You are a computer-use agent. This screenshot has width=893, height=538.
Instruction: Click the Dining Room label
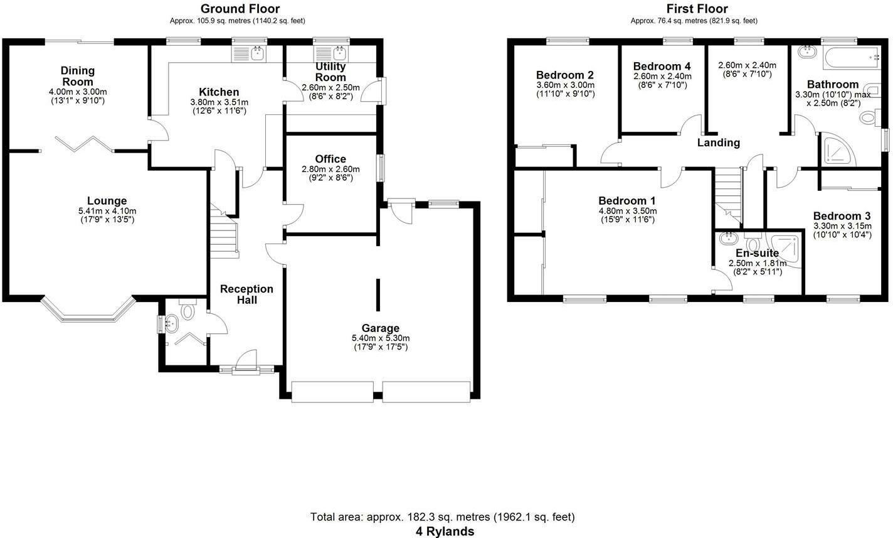(x=78, y=76)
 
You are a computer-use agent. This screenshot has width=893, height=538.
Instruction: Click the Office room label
(x=330, y=159)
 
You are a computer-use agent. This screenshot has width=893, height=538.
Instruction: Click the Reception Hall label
(x=247, y=294)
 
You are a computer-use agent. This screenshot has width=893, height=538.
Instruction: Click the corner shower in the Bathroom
(x=837, y=149)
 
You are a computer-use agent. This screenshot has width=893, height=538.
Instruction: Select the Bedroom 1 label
(x=627, y=200)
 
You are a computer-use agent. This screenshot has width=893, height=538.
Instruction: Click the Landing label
(x=719, y=143)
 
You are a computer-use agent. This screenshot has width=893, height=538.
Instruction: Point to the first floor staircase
(x=727, y=196)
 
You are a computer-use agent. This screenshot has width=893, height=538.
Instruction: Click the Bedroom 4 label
(x=662, y=67)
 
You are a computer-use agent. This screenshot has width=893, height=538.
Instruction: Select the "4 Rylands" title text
(x=445, y=531)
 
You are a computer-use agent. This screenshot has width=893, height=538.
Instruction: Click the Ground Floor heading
(x=240, y=8)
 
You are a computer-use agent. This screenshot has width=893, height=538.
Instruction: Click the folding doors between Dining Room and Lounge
(x=85, y=144)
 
